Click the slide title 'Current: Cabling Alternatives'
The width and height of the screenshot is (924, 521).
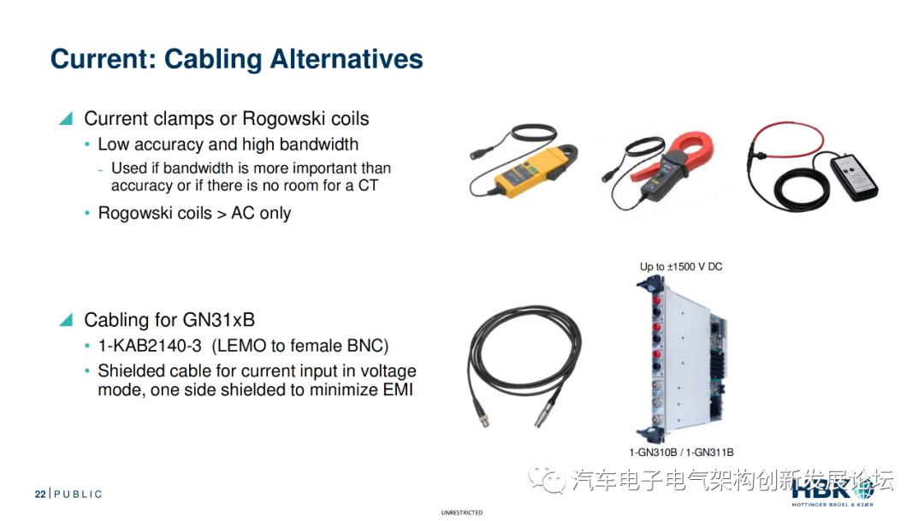coord(237,59)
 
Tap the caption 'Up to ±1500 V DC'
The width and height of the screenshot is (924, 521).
coord(681,267)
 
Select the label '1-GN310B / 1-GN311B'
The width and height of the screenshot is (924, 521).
coord(681,453)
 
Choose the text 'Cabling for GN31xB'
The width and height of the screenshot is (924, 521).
coord(169,321)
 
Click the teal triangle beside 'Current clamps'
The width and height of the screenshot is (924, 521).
coord(66,118)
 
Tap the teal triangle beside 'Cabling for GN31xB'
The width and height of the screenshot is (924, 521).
coord(66,320)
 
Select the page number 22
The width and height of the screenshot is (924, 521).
coord(40,494)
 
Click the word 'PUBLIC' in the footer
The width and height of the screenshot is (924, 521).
coord(78,494)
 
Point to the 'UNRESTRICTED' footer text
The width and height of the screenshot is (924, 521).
coord(462,513)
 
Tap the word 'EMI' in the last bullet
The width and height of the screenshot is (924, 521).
coord(397,389)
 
